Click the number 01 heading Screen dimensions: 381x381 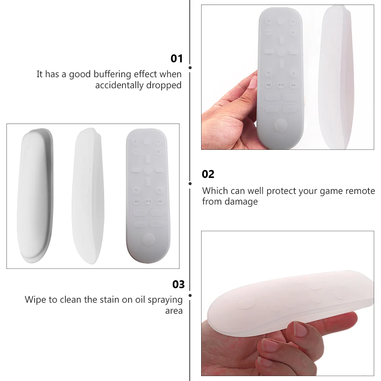[x=176, y=59]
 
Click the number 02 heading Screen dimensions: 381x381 [x=208, y=174]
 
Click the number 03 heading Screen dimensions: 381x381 [x=178, y=284]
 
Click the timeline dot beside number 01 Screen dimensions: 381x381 [x=190, y=68]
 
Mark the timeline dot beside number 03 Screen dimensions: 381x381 [x=190, y=295]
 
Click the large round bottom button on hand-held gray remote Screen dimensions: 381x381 [x=280, y=125]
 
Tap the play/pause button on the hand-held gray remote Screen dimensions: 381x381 [x=281, y=85]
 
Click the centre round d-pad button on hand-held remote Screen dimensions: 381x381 [x=281, y=52]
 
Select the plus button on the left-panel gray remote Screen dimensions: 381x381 [x=135, y=141]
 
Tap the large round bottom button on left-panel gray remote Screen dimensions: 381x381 [x=149, y=239]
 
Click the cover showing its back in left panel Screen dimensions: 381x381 [x=35, y=195]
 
